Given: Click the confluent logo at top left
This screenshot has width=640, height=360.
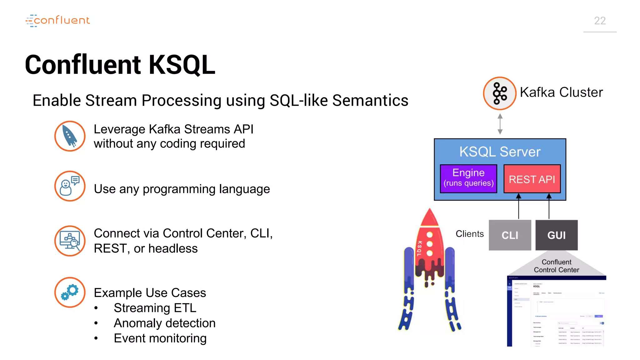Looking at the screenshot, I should coord(58,21).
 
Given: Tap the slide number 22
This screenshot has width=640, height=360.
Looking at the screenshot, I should coord(600,21).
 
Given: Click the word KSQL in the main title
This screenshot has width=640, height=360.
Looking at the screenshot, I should coord(182,65).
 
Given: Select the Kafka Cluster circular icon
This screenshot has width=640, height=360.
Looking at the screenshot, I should coord(499,93).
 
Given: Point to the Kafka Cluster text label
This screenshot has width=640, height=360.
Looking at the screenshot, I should coord(561,92).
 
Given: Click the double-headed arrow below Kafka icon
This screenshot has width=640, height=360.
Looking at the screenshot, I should coord(500,124).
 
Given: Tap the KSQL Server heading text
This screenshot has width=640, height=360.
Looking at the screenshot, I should coord(500,152).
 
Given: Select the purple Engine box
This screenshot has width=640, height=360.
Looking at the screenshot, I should coord(468,178).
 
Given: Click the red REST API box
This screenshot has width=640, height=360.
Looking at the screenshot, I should coord(532,179).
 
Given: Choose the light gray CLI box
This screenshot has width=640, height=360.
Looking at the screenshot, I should coord(510,235).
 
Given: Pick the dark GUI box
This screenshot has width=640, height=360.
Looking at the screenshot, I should coord(556,235).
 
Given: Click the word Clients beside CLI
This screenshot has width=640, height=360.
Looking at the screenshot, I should coord(469,234).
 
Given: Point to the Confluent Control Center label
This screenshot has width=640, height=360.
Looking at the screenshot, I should coord(556,266).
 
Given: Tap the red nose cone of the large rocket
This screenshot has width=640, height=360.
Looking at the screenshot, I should coord(430,217).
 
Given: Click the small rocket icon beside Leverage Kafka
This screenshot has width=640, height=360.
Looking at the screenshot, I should coord(70,136).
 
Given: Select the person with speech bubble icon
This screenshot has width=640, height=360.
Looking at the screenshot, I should coord(70,186).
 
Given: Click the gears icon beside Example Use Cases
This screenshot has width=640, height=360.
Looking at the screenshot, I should coord(70,292).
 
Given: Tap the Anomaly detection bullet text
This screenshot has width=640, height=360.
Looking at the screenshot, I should coord(164,323).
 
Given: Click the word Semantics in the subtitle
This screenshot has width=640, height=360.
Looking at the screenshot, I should coord(370,101).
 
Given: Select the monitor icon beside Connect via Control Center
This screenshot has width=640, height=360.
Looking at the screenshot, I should coord(70,241).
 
